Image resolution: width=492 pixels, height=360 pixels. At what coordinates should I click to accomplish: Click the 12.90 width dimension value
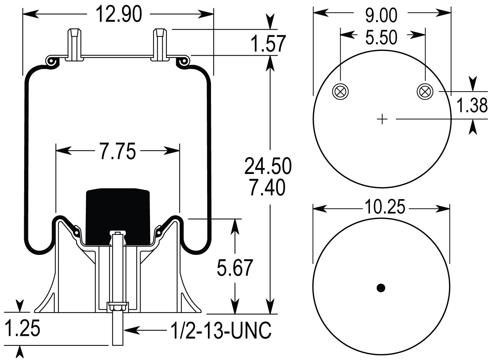(118, 14)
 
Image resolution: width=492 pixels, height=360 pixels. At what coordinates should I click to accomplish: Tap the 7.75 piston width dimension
(118, 151)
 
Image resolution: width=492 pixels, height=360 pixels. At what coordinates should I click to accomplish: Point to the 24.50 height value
(268, 166)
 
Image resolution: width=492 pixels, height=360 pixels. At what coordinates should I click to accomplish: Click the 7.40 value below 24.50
(268, 188)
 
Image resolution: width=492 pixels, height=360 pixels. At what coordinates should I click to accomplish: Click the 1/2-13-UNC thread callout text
(221, 330)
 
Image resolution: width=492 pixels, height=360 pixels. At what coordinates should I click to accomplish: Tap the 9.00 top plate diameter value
(381, 15)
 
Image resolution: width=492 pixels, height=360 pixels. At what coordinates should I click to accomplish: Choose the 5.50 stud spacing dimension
(381, 37)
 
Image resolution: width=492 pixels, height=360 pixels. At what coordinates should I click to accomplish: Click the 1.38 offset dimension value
(472, 105)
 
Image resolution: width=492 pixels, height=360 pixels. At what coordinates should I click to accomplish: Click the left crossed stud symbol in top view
(340, 92)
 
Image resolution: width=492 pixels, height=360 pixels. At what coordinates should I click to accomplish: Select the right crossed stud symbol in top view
(425, 92)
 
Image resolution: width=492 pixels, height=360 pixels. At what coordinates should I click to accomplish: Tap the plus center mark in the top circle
(382, 120)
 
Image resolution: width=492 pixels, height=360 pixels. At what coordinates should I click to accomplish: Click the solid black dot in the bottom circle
(381, 288)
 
